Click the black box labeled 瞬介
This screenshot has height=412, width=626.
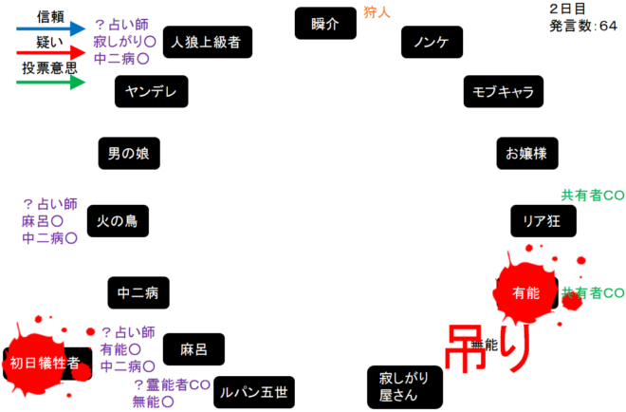point(324,23)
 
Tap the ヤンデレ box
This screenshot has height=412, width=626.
point(151,91)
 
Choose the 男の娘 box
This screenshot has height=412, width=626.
point(127,153)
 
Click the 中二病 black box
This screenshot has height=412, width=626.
point(138,292)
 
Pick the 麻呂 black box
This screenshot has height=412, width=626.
point(193,349)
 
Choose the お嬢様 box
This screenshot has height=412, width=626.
point(526,152)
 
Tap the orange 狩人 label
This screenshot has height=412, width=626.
point(377,12)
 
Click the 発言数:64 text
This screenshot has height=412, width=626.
point(583,27)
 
